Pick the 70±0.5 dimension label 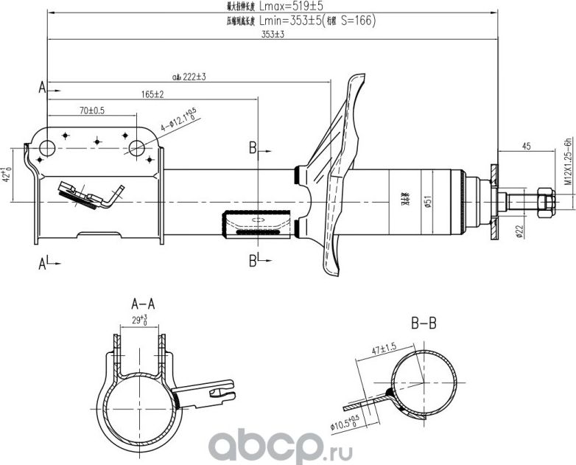(x=92, y=110)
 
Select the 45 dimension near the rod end (x=527, y=147)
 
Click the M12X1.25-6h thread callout (x=568, y=165)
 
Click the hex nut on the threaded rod (x=545, y=200)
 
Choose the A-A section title (x=142, y=303)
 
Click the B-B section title (x=424, y=322)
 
